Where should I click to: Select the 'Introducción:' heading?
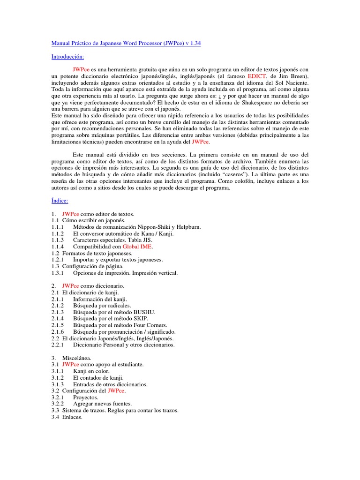coord(67,56)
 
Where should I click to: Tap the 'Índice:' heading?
coord(60,201)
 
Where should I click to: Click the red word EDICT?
coord(257,76)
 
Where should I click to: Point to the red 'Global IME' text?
coord(138,246)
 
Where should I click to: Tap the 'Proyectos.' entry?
coord(86,397)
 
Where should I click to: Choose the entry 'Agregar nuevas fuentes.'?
coord(103,404)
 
